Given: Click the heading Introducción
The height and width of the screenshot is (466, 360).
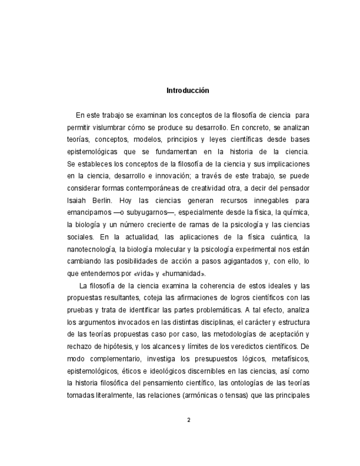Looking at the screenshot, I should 187,90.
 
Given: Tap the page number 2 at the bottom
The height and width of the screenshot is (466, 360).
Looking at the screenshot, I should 188,420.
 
